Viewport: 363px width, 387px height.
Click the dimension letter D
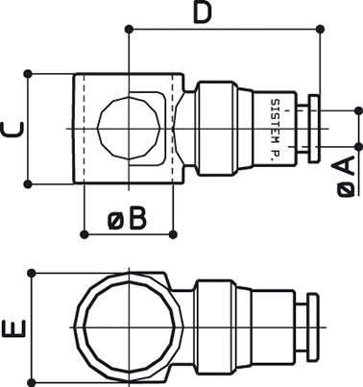(x=203, y=13)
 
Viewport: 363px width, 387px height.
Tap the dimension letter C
(x=12, y=130)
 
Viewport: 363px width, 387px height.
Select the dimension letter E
(x=13, y=328)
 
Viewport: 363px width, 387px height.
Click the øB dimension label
(x=128, y=219)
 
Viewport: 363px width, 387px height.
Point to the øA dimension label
(x=346, y=176)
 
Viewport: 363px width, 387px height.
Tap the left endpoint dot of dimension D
(x=129, y=30)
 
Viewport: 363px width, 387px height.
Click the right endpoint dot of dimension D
(x=320, y=30)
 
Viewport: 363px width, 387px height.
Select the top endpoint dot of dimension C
(x=28, y=74)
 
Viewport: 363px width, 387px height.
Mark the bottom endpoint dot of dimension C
(x=28, y=184)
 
